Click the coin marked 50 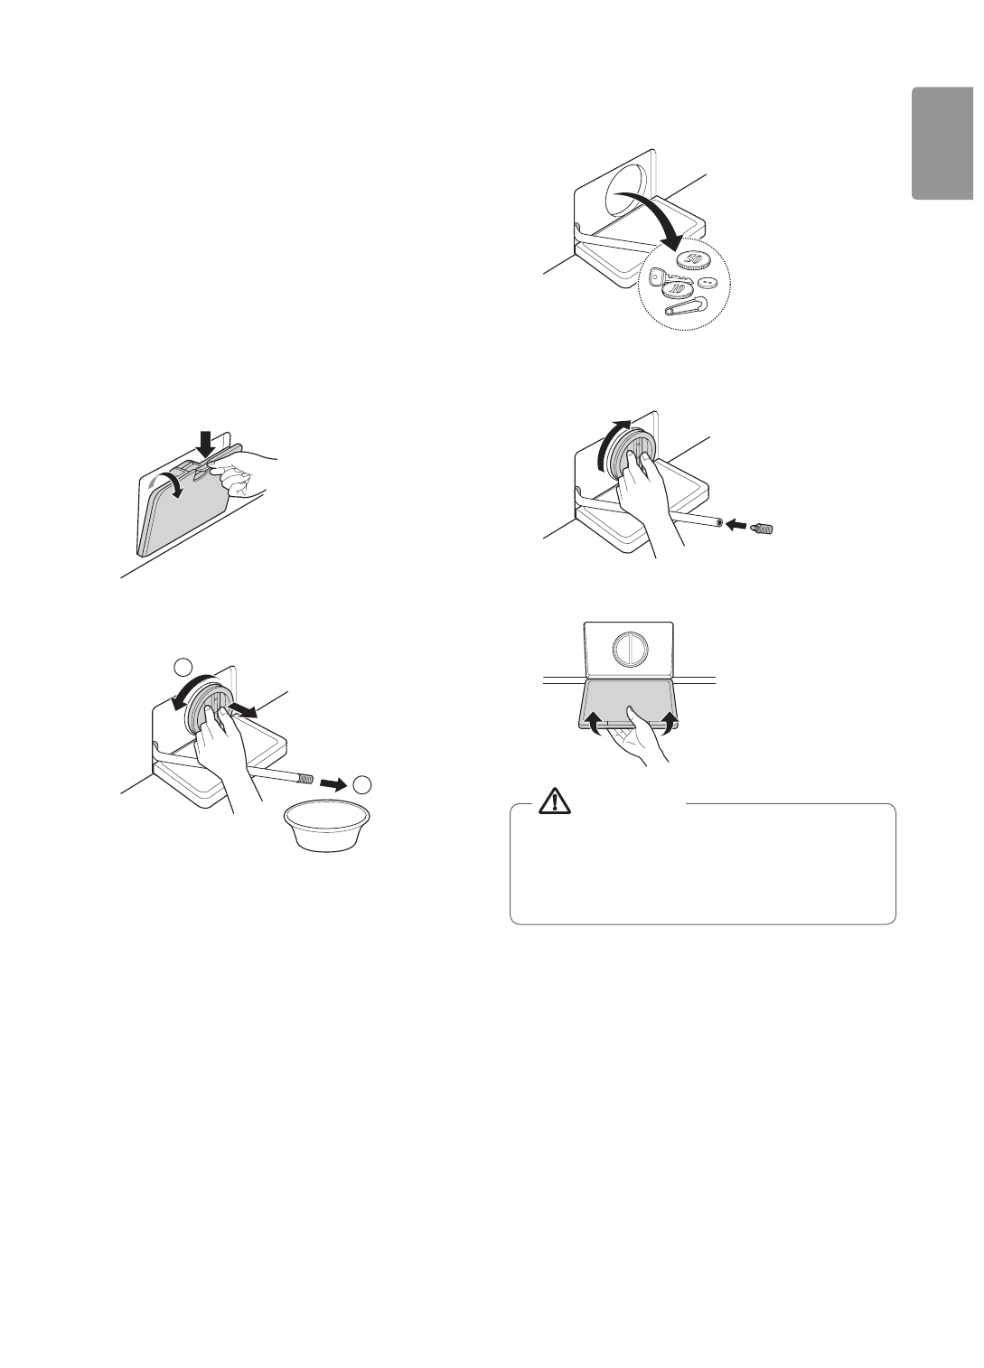[693, 260]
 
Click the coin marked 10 [677, 289]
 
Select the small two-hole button [709, 282]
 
